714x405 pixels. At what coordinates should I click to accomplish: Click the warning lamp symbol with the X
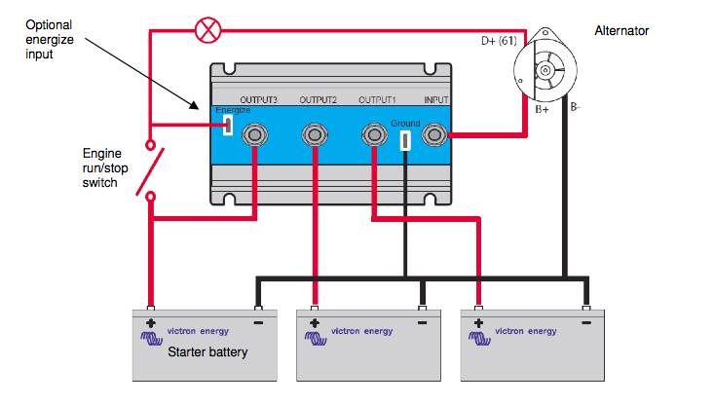click(x=208, y=30)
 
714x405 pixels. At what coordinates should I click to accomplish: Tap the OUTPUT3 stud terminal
click(x=254, y=134)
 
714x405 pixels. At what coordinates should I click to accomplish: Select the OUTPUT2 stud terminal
click(x=315, y=134)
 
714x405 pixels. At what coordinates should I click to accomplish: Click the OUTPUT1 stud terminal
click(x=374, y=134)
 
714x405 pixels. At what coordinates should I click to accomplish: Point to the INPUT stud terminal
click(x=434, y=134)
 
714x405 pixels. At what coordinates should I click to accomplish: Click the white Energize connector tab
click(x=228, y=125)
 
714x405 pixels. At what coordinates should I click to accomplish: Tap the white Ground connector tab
click(x=405, y=140)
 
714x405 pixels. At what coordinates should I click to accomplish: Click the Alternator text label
click(x=621, y=31)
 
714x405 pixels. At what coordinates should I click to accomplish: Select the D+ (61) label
click(x=499, y=41)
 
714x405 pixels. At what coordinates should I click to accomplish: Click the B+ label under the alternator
click(x=542, y=109)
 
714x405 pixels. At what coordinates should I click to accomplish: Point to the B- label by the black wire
click(x=575, y=107)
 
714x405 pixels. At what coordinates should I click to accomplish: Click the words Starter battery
click(x=207, y=352)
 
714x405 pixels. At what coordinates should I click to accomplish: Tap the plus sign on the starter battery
click(x=151, y=323)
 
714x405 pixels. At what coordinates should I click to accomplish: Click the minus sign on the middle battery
click(x=422, y=323)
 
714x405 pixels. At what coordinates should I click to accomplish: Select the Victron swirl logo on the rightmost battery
click(x=479, y=339)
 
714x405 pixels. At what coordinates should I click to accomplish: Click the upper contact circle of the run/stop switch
click(x=150, y=145)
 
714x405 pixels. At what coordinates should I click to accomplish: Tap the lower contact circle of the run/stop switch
click(x=150, y=197)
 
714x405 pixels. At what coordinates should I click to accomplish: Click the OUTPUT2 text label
click(x=318, y=99)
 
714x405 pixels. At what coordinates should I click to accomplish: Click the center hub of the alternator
click(x=545, y=70)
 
